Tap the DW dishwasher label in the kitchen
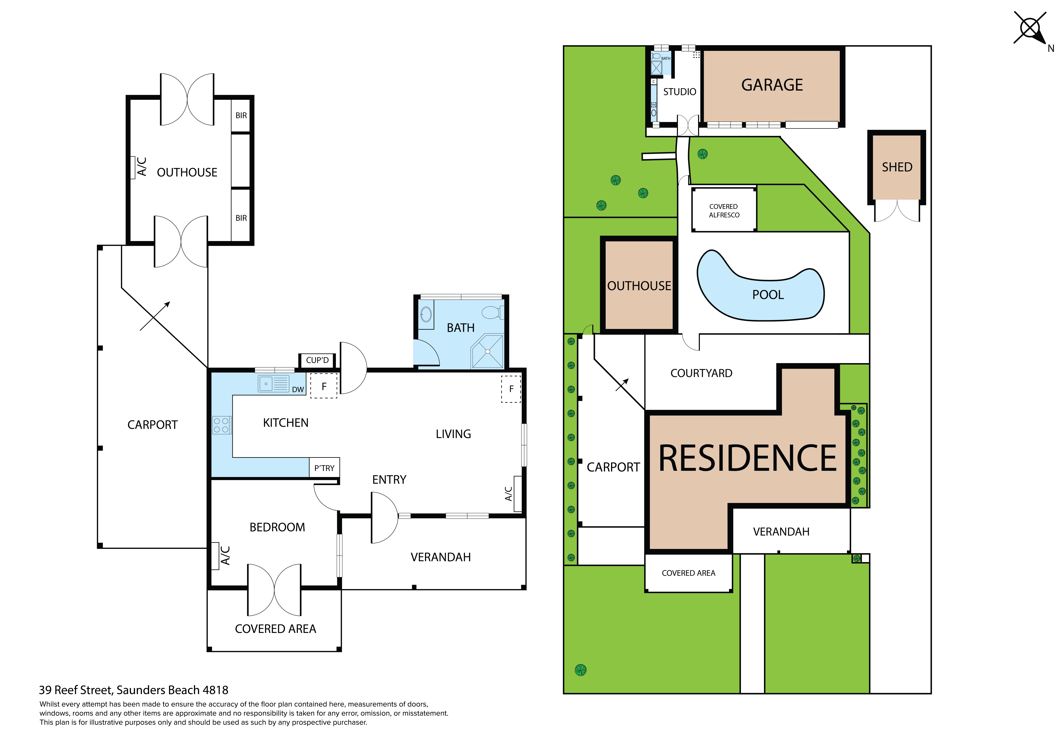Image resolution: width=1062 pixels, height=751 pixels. [x=298, y=390]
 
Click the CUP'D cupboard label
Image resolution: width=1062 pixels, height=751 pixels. [x=317, y=360]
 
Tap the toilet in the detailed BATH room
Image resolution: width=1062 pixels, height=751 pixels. [x=492, y=312]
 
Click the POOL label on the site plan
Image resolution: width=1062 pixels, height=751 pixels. [x=768, y=295]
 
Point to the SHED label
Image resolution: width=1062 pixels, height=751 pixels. [x=897, y=167]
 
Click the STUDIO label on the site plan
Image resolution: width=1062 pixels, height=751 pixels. [x=680, y=92]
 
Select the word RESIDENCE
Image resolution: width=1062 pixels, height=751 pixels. [x=747, y=458]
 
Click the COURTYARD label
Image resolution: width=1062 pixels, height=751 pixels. [x=701, y=373]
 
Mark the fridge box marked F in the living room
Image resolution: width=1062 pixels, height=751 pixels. [x=511, y=389]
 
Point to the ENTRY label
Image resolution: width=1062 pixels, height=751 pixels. [x=389, y=479]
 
